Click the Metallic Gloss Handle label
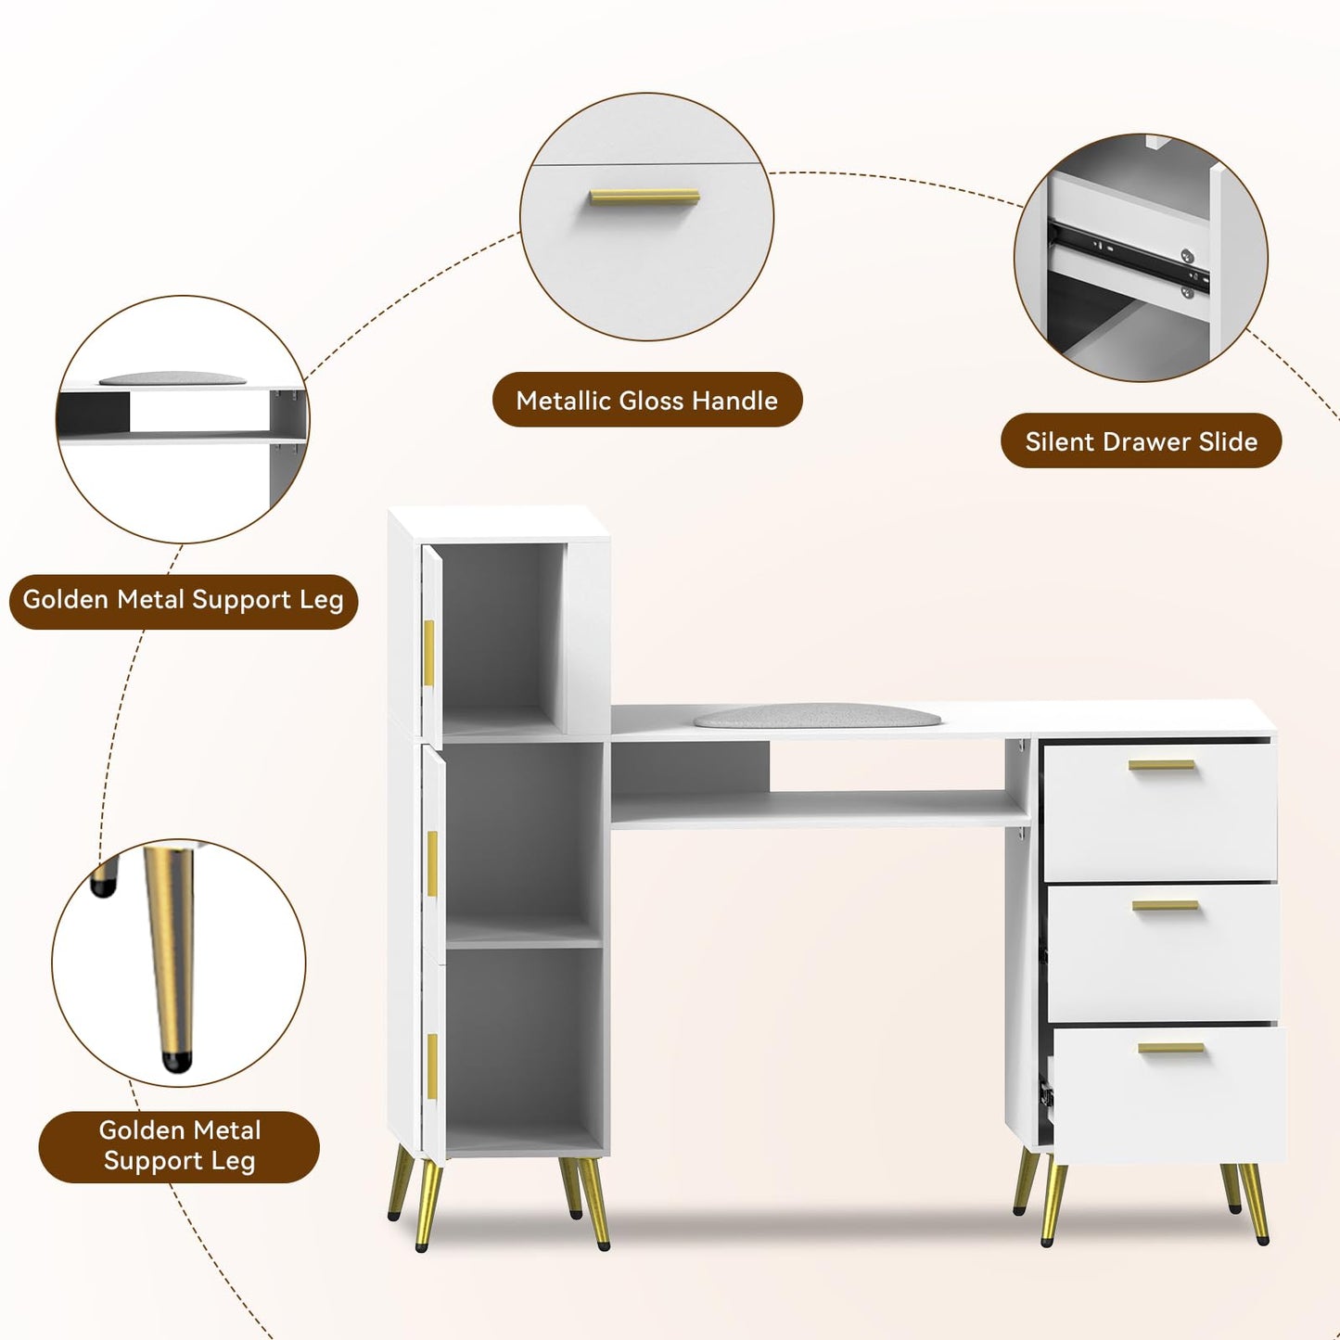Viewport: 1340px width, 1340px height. [x=646, y=400]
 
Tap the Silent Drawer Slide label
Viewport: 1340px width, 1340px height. [x=1142, y=441]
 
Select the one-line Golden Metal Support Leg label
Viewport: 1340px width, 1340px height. [x=184, y=600]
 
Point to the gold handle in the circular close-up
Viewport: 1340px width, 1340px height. [x=644, y=197]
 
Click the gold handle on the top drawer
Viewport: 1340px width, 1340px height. [x=1161, y=765]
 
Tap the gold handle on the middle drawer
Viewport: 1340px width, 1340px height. [x=1165, y=905]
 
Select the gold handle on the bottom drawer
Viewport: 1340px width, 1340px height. [x=1171, y=1048]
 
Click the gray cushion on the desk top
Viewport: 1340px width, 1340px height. [x=808, y=716]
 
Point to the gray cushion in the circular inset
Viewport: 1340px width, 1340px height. [x=172, y=378]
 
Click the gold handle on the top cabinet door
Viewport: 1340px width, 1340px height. [x=429, y=653]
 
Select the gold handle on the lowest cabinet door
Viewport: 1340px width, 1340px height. [x=432, y=1067]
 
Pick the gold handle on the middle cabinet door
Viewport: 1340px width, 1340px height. [x=432, y=865]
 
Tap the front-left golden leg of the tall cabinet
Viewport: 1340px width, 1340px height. [x=427, y=1207]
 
